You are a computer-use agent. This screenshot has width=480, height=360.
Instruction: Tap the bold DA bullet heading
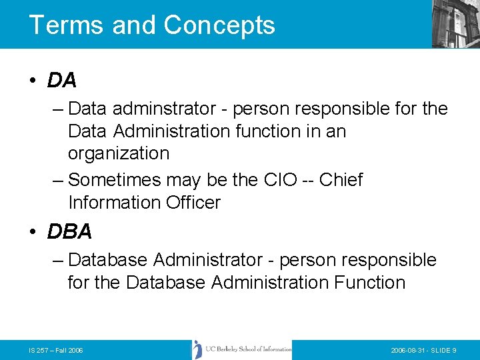click(x=62, y=81)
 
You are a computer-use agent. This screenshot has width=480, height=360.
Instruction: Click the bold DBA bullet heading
click(x=69, y=231)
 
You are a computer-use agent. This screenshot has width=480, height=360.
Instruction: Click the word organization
click(x=119, y=153)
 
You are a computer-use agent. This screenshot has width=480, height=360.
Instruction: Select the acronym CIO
click(x=273, y=180)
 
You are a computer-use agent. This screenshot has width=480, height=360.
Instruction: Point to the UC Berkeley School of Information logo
click(x=242, y=349)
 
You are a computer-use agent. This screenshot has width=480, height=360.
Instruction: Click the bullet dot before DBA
click(x=33, y=232)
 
